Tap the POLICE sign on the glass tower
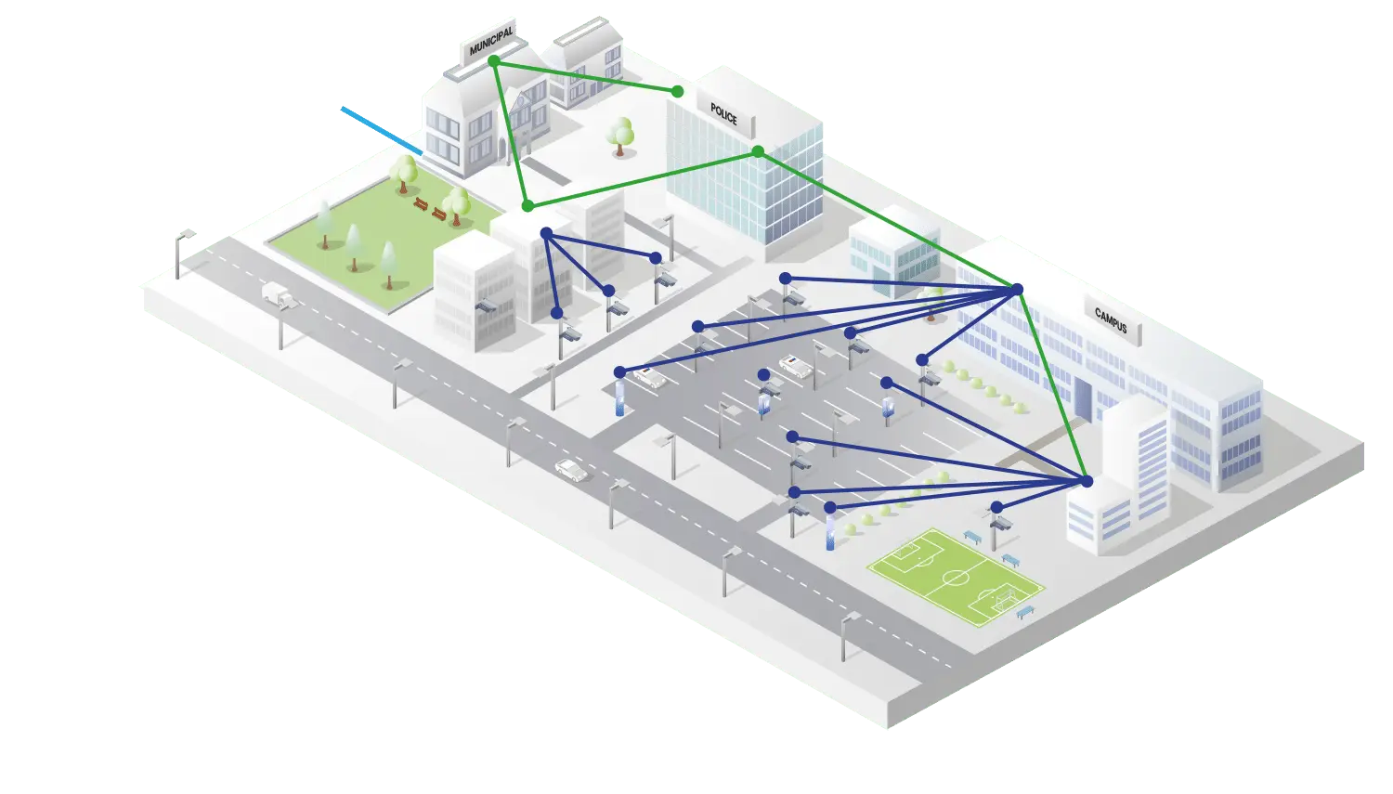[x=724, y=115]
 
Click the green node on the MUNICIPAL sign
[x=494, y=60]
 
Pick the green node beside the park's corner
[x=527, y=205]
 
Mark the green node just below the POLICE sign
[x=758, y=151]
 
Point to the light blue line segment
[x=382, y=130]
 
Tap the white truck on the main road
[x=278, y=294]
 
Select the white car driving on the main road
[x=571, y=470]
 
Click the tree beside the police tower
[x=620, y=136]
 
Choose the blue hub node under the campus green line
[x=1017, y=290]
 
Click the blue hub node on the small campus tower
[x=1087, y=481]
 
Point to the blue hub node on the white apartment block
[x=546, y=233]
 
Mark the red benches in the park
[x=429, y=209]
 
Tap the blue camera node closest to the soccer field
[x=996, y=507]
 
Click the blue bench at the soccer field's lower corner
[x=1025, y=613]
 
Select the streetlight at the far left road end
[x=180, y=247]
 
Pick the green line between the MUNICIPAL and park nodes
[x=511, y=133]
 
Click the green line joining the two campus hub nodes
[x=1052, y=385]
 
